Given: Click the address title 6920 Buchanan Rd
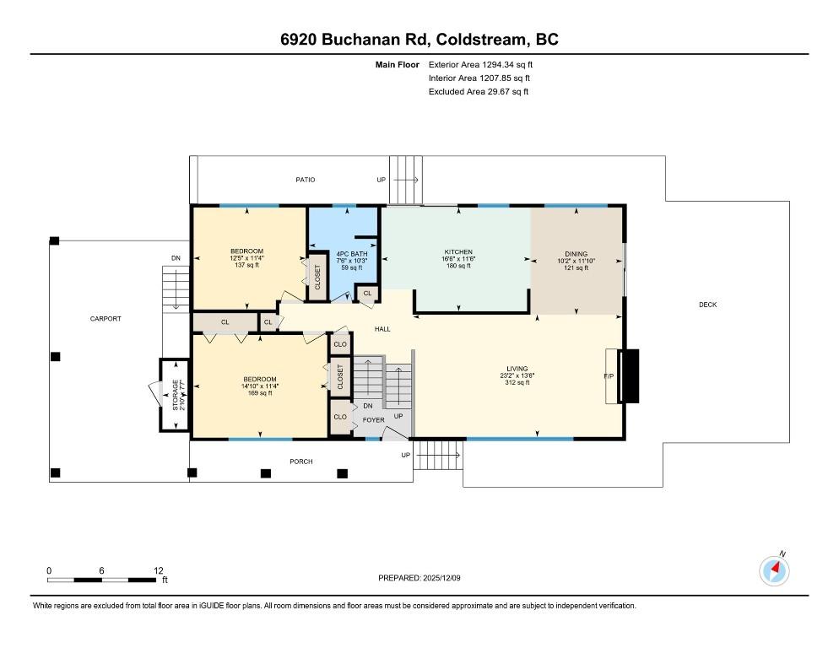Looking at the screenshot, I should coord(419,40).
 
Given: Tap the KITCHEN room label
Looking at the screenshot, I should coord(458,252).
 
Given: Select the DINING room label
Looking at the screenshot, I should coord(576,254).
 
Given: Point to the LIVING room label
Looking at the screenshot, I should coord(517,369).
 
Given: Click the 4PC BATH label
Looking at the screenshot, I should coord(352,254).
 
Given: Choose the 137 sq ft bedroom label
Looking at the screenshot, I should coord(246,251).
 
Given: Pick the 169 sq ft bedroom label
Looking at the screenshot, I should coord(259,379).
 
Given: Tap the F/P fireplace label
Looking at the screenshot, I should coord(608,375).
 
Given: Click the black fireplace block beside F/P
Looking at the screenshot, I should coord(631,375).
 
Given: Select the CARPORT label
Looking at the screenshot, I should coord(106,319).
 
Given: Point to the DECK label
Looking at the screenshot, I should coord(707,305).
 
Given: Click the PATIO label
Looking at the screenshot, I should coord(305,180).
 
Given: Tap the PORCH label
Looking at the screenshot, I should coord(300,462).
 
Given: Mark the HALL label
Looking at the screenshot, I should coord(382,328).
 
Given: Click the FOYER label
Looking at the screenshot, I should coord(373,419).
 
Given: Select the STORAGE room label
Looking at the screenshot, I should coord(176,396).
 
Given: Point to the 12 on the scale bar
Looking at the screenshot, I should coord(159,570).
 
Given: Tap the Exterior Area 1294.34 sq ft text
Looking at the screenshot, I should coord(481,64).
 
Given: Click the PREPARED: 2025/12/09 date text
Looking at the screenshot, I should coord(419,578).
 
